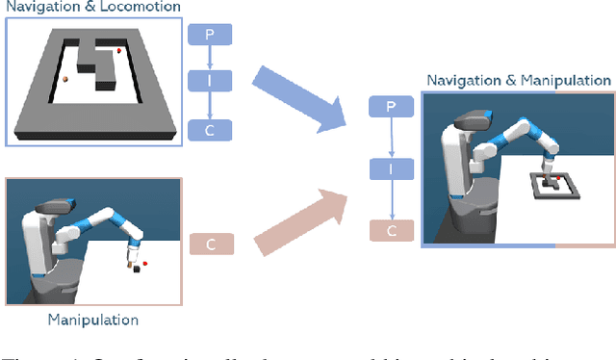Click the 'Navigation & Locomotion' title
(90, 7)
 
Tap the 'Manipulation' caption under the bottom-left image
(92, 320)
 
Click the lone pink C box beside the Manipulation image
(211, 244)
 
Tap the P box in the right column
(391, 107)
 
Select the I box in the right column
(391, 169)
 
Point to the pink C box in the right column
(391, 230)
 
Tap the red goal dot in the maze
(119, 50)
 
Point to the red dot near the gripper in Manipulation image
(144, 262)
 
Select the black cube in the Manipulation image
(136, 270)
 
